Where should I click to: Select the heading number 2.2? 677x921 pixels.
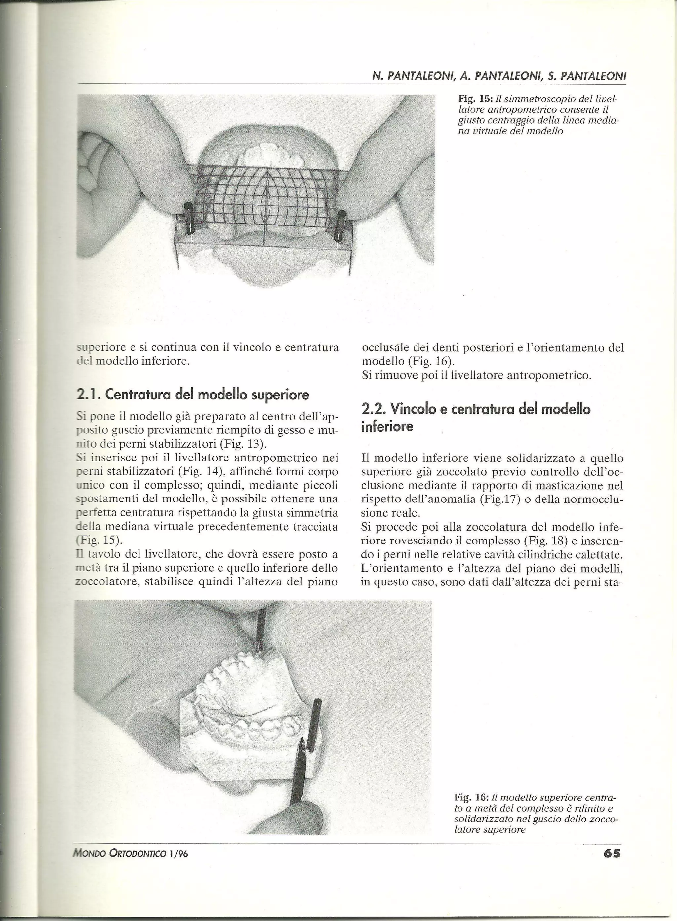click(373, 409)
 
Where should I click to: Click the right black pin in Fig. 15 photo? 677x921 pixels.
click(340, 225)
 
